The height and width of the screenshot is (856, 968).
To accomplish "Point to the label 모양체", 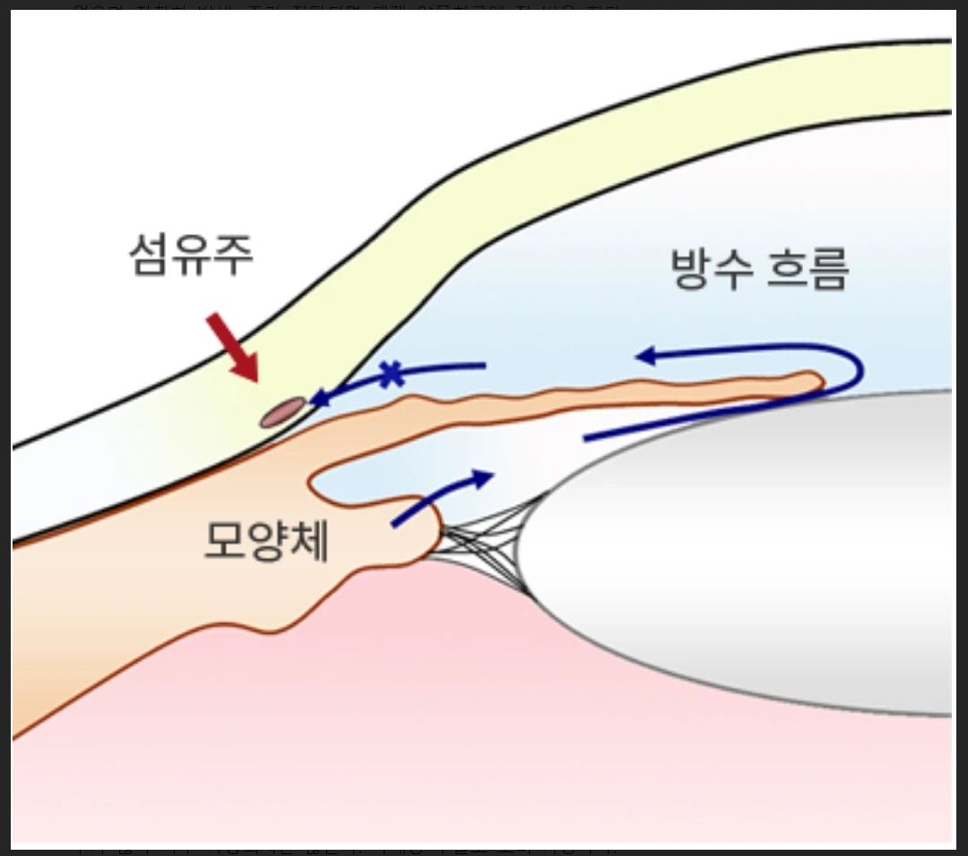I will tap(267, 540).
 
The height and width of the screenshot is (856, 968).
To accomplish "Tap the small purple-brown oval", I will tap(281, 412).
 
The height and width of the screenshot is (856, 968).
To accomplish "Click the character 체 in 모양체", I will tap(308, 540).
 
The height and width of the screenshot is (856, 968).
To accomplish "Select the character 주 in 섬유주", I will tap(233, 256).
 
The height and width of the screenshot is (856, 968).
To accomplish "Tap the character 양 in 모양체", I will tap(267, 540).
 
